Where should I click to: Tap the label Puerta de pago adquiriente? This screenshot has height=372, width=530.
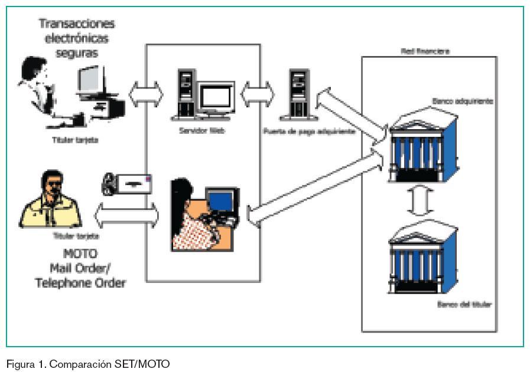click(x=308, y=131)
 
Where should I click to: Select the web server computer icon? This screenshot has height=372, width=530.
click(x=204, y=94)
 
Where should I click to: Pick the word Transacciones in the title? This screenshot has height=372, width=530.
click(x=77, y=24)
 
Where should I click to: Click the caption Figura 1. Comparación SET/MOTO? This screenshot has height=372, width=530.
click(x=88, y=364)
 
